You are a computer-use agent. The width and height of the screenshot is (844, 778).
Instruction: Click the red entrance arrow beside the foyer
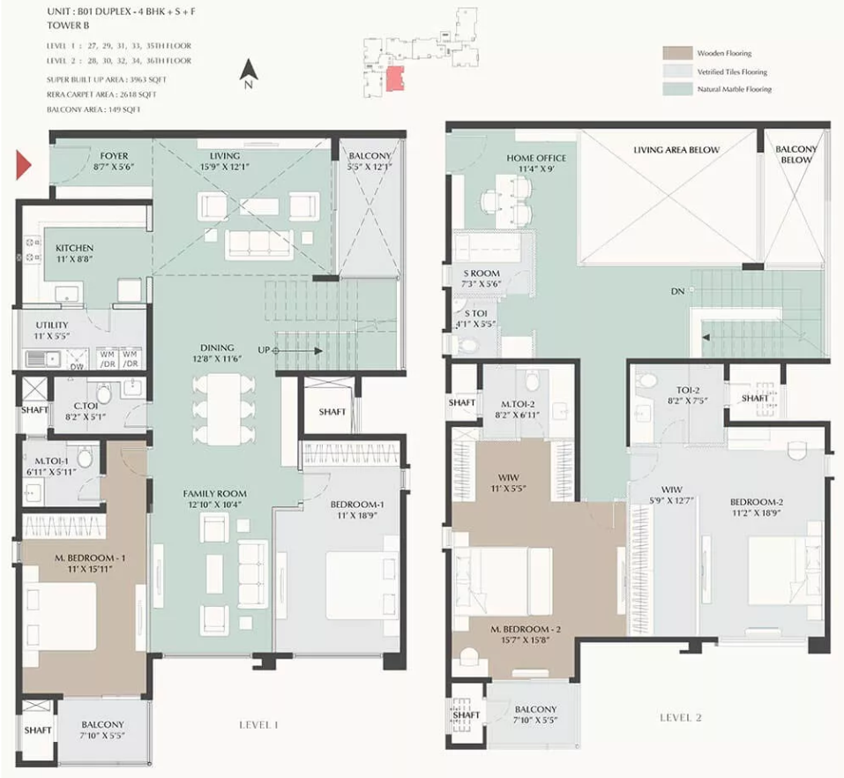coord(24,165)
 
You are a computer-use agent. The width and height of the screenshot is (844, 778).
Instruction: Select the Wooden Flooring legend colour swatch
coord(677,53)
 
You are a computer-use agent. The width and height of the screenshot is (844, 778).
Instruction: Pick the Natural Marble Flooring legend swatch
coord(677,89)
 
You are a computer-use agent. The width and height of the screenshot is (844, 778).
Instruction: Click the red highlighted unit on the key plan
coord(395,79)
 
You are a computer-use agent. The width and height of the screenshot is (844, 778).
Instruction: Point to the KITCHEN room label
coord(74,248)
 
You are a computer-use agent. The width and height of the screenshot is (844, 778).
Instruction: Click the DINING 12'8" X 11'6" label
coord(218,353)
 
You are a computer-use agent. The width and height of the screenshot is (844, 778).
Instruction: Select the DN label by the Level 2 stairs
coord(677,291)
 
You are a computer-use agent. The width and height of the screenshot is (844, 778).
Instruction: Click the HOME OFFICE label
coord(536,158)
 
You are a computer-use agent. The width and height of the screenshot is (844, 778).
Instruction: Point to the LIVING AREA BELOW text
coord(676,150)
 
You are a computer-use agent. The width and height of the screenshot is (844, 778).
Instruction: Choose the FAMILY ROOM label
coord(215,494)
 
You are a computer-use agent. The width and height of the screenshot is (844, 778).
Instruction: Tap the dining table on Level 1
coord(225,409)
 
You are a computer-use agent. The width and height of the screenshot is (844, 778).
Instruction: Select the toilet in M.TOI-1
coord(85,457)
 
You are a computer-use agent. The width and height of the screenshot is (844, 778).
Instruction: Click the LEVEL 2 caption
coord(681,718)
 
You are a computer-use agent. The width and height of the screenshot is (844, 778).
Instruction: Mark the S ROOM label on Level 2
coord(482,273)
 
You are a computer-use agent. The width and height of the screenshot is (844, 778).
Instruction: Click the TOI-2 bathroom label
coord(688,391)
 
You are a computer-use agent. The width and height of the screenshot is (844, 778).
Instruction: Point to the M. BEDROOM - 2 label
coord(526,630)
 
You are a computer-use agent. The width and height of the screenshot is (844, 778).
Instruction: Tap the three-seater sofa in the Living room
coord(260,244)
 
